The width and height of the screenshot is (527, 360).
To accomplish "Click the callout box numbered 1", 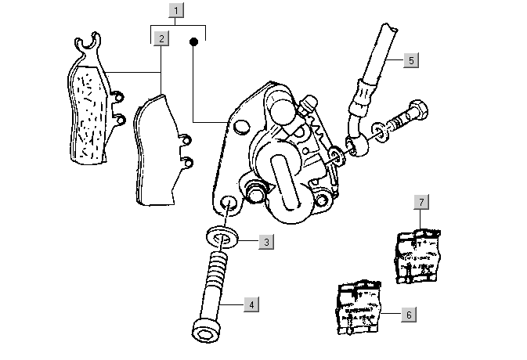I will tap(178, 11).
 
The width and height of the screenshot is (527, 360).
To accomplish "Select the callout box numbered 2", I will tap(161, 38).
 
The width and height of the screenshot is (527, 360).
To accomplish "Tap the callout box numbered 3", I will tap(266, 242).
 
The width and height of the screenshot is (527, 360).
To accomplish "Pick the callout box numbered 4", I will tap(251, 304).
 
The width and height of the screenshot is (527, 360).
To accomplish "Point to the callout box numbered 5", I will tap(412, 59).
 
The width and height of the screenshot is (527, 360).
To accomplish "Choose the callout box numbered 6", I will tap(408, 315).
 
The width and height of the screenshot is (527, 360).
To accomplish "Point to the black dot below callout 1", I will tap(192, 44).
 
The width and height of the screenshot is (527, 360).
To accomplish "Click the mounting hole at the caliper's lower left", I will tap(229, 205).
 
